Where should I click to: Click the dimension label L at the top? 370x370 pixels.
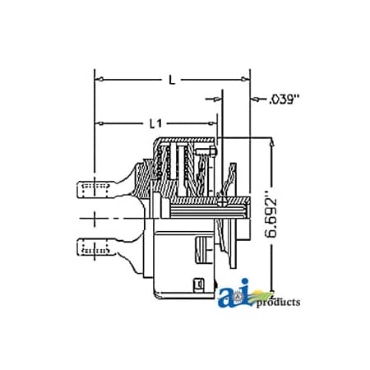[171, 81]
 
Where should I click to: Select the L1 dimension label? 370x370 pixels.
[154, 123]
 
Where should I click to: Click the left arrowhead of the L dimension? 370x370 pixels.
[100, 81]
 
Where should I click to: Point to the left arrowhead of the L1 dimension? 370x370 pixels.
[100, 123]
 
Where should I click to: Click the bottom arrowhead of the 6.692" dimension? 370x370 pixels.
[271, 294]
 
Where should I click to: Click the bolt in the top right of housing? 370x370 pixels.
[213, 150]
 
